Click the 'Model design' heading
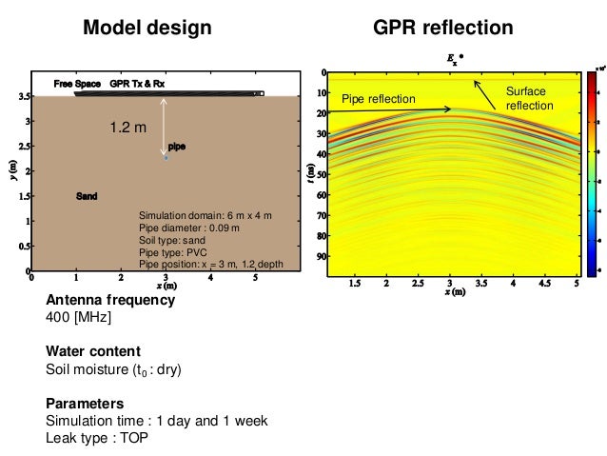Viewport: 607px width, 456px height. point(147,29)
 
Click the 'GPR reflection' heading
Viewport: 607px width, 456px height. point(443,29)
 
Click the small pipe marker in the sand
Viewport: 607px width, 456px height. point(166,158)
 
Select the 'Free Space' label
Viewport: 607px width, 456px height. point(74,84)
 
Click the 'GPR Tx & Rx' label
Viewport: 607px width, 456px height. point(137,84)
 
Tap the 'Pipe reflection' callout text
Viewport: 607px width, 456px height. point(378,99)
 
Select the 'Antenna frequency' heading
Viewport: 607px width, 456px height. point(110,300)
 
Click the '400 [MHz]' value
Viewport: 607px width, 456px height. point(79,318)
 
